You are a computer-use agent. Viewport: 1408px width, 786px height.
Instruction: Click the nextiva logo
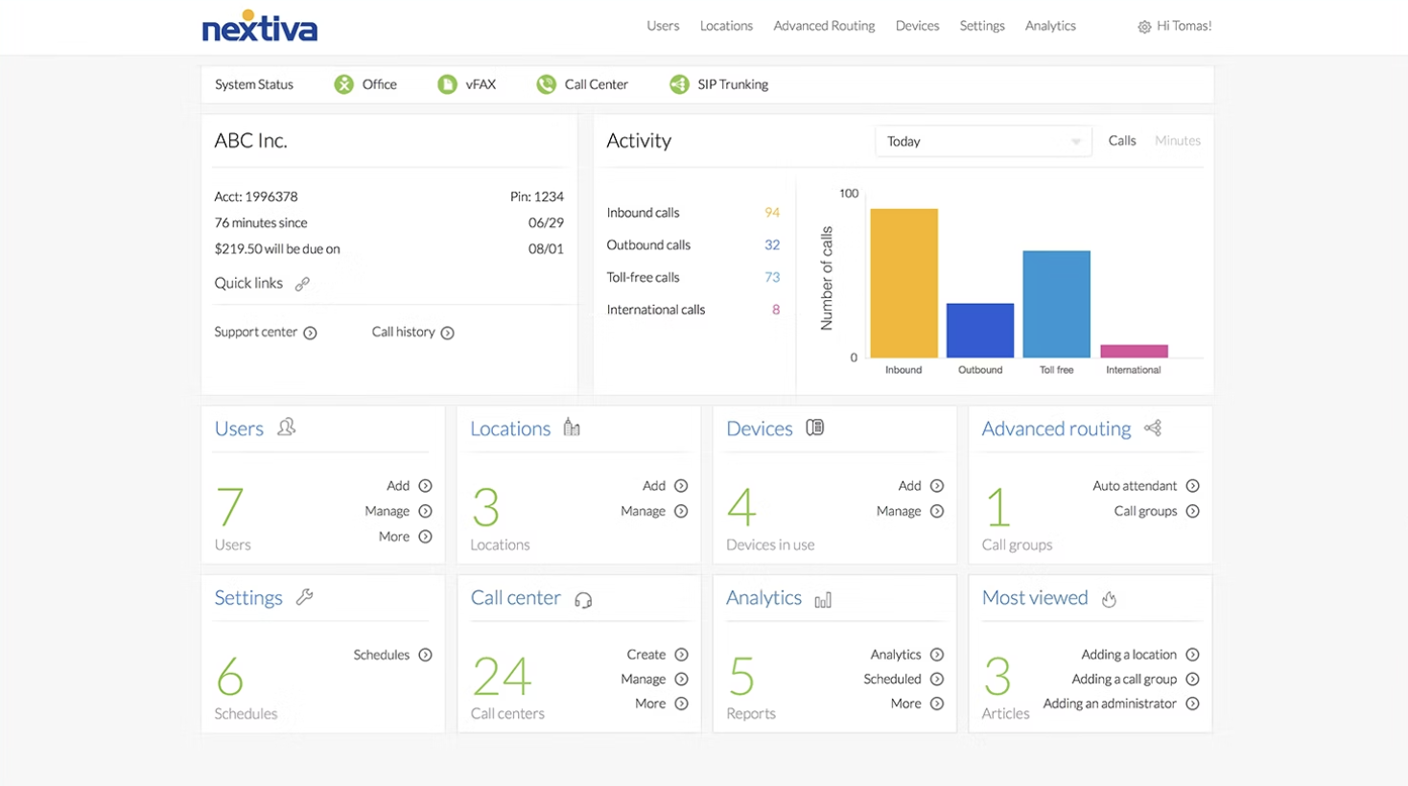coord(259,27)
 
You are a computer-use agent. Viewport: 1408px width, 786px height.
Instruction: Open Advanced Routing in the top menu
coord(824,26)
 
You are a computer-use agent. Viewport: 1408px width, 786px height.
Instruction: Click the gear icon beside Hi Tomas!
coord(1143,27)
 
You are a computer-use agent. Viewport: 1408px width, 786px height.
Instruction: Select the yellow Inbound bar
coord(903,283)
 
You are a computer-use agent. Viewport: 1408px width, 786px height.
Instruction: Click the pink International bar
coord(1134,351)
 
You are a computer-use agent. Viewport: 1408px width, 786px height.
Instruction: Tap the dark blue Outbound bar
coord(979,330)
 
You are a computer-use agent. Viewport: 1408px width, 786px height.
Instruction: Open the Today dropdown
coord(982,141)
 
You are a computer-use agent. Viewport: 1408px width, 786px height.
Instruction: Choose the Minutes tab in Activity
coord(1177,141)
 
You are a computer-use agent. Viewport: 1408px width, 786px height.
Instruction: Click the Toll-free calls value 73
coord(771,277)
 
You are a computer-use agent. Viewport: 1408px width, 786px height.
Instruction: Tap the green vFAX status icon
coord(447,84)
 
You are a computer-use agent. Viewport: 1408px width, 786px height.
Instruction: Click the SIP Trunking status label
coord(732,84)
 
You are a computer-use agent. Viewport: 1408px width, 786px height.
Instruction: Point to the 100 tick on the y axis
coord(849,194)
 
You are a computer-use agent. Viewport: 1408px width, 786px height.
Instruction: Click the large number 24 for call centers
coord(502,677)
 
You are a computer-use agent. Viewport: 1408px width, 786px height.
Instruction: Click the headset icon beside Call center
coord(583,600)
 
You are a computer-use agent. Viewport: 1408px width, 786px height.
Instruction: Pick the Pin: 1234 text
coord(536,196)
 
